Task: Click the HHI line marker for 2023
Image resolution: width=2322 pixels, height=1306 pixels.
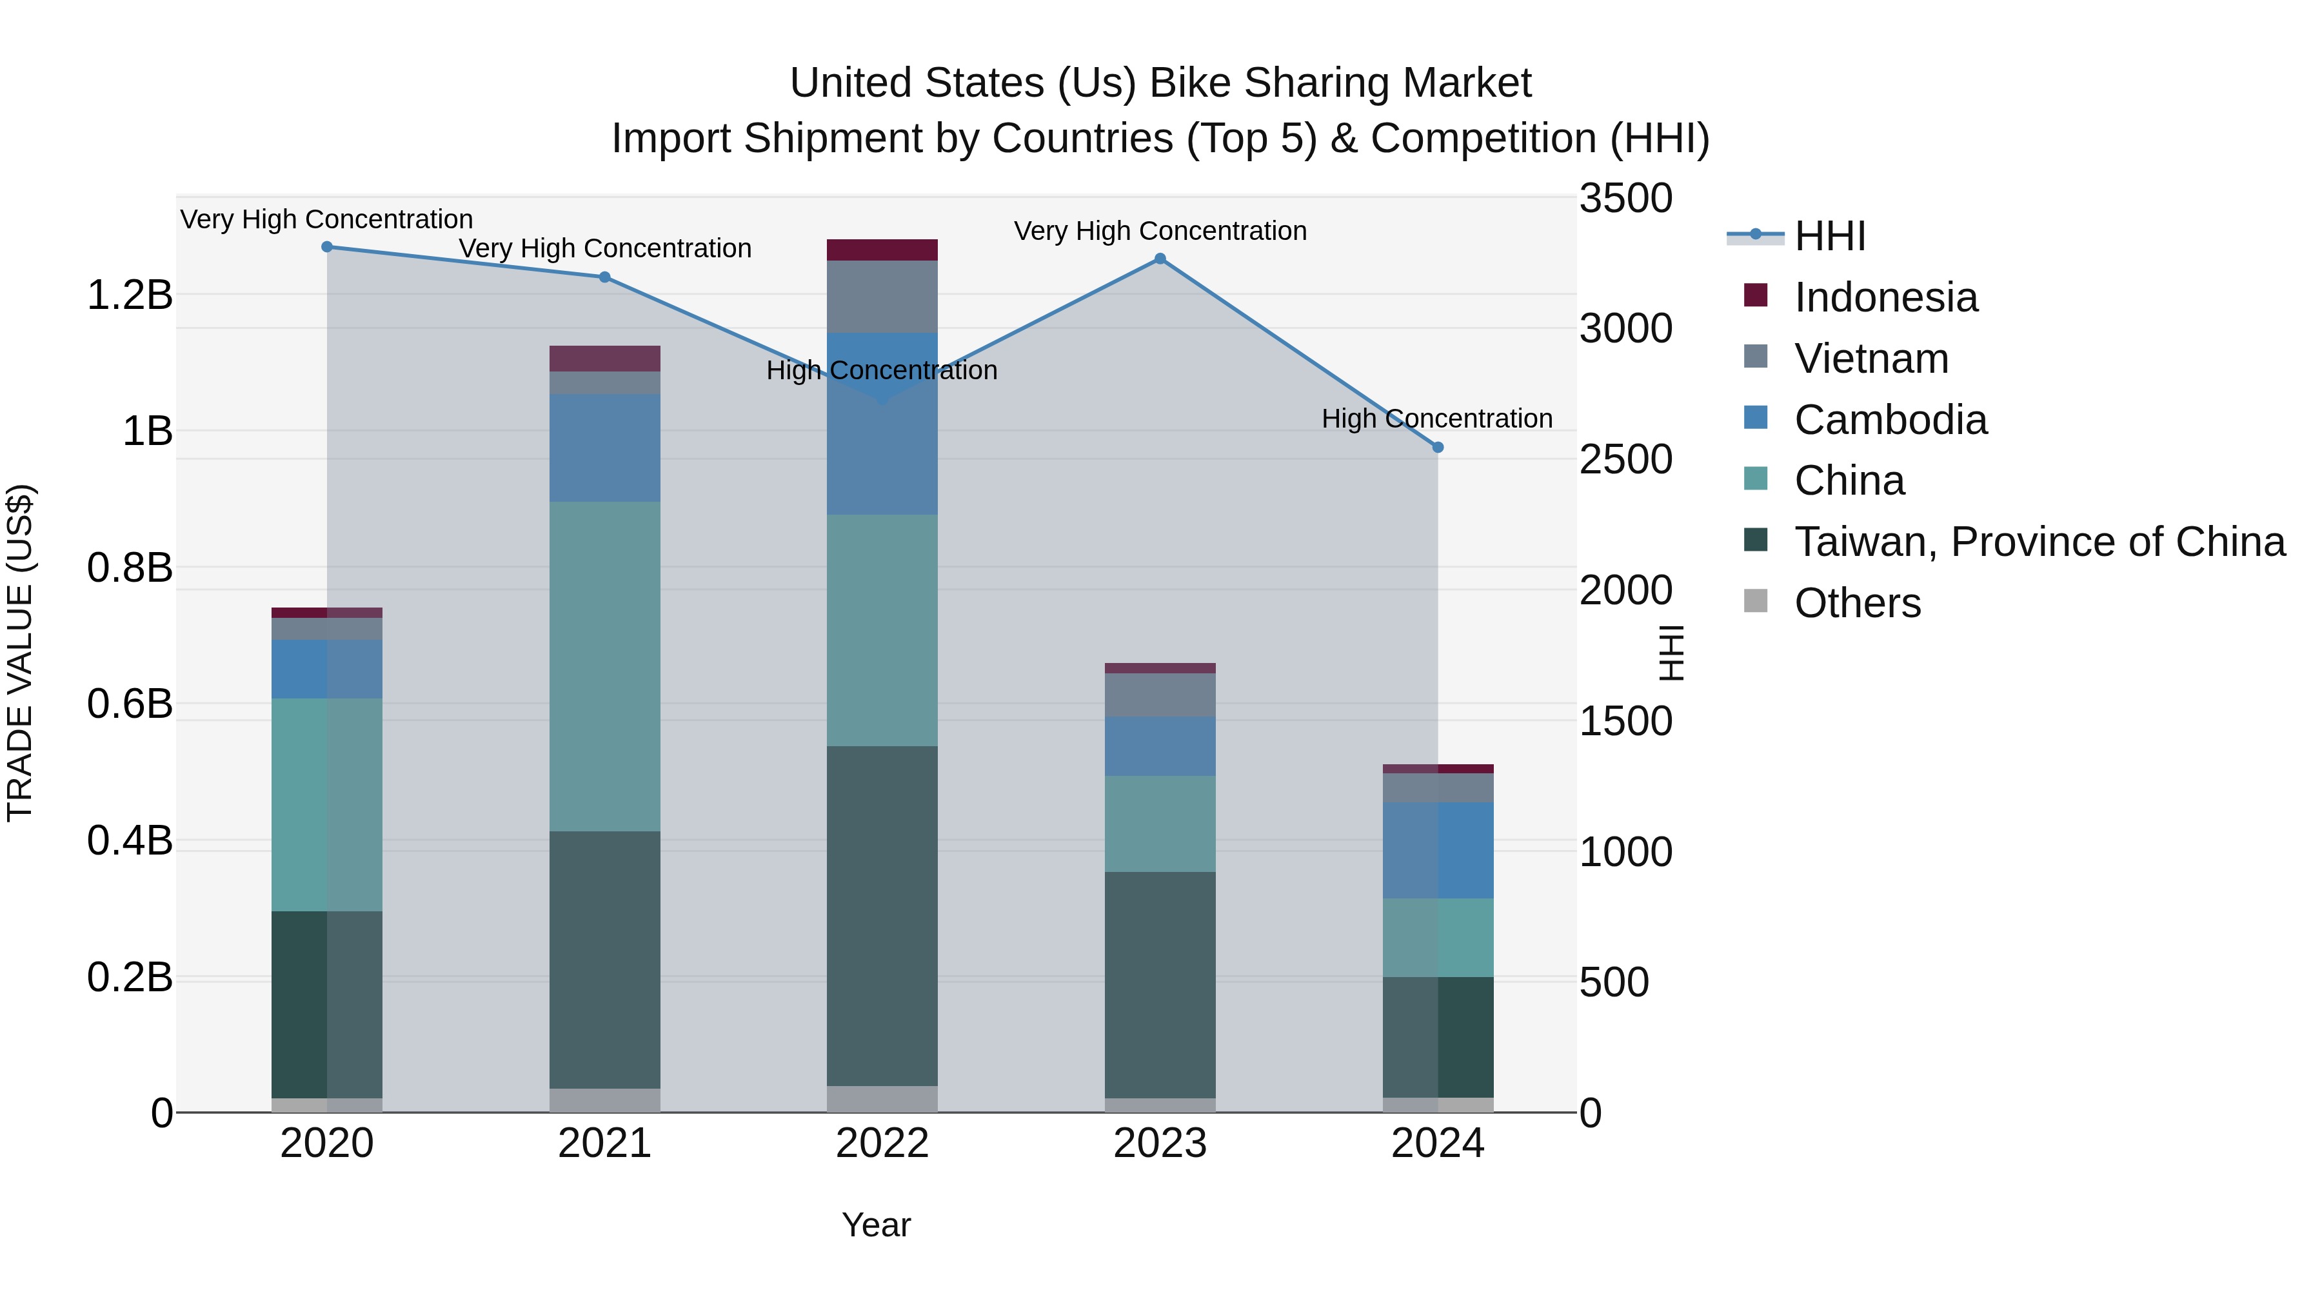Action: (1160, 259)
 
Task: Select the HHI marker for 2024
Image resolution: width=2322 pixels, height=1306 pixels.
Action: (1438, 447)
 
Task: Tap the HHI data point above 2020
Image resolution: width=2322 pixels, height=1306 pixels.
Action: (327, 246)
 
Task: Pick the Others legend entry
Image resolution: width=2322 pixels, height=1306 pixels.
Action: (1857, 603)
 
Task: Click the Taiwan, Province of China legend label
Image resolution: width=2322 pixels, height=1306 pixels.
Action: (2039, 542)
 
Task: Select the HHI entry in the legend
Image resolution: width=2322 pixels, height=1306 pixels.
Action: (1829, 236)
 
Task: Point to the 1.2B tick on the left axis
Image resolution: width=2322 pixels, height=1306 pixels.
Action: (129, 295)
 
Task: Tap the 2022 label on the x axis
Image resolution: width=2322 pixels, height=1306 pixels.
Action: (882, 1143)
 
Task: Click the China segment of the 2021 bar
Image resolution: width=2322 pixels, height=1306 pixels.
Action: (605, 666)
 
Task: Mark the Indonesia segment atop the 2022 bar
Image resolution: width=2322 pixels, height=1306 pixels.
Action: (882, 250)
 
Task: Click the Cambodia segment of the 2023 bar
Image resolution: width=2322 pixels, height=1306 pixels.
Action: (1160, 746)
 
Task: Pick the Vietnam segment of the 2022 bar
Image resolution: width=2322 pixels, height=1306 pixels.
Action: (882, 297)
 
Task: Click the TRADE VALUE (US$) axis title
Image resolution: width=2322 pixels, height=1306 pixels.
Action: (20, 653)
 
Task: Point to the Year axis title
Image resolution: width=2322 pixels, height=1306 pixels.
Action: (875, 1225)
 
